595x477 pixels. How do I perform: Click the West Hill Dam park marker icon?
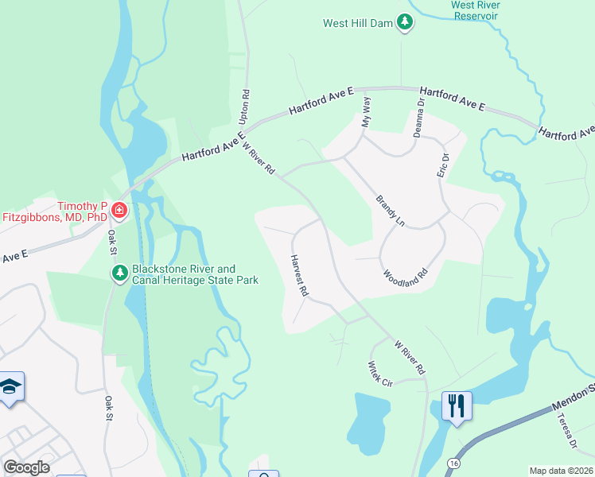[406, 22]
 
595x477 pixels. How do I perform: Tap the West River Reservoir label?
[474, 9]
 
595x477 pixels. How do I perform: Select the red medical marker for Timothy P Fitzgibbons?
[119, 211]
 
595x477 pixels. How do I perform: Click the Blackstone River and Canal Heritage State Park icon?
[119, 273]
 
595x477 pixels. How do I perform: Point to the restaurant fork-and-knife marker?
[457, 405]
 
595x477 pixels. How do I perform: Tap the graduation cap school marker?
[10, 386]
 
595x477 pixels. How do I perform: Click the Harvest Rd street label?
[299, 275]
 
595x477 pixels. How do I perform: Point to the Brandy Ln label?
[390, 210]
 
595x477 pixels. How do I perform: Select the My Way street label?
[366, 112]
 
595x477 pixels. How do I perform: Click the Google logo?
[26, 467]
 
